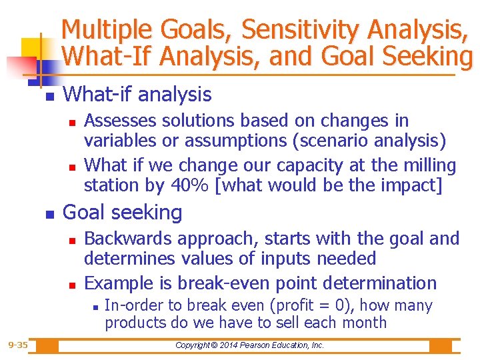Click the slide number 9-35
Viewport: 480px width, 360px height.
(x=18, y=345)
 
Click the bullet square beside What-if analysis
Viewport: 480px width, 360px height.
(x=48, y=97)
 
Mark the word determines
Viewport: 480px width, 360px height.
(x=125, y=259)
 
